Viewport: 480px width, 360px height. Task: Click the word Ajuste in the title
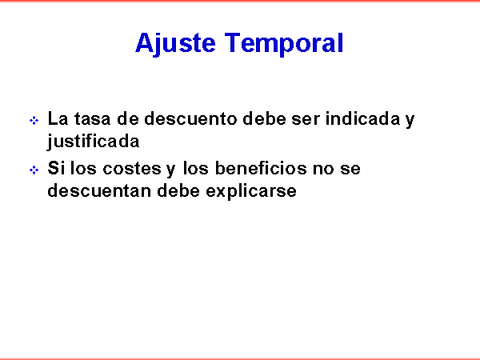pos(175,44)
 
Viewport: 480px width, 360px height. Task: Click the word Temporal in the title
pos(284,44)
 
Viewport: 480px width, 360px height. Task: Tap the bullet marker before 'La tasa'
pos(34,120)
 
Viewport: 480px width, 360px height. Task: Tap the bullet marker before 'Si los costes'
pos(34,170)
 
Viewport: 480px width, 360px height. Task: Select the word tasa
pos(92,118)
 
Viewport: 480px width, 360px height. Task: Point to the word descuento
pos(190,118)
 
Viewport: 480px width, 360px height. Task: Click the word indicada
pos(362,118)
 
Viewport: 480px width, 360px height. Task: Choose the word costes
pos(132,169)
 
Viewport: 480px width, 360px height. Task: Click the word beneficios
pos(261,168)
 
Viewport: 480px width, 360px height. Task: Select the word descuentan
pos(100,190)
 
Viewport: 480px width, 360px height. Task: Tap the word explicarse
pos(251,191)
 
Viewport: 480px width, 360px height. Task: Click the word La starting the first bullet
pos(58,118)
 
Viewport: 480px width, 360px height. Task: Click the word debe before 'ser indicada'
pos(264,118)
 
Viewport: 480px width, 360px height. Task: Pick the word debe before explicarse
pos(178,190)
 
